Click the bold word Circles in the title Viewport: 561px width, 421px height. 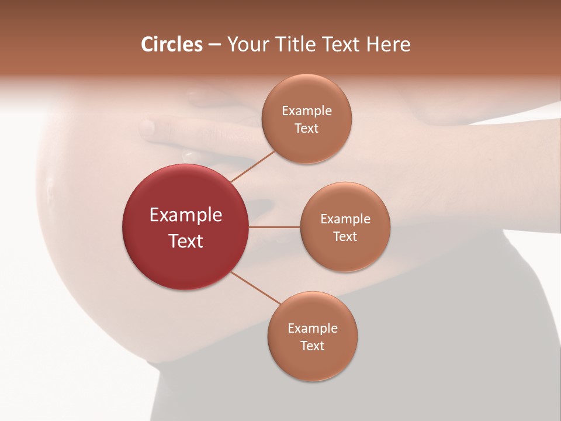[x=172, y=44]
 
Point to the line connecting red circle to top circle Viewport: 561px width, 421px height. [x=252, y=166]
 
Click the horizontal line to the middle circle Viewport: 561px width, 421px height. [x=275, y=227]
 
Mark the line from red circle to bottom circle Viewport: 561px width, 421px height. [x=255, y=288]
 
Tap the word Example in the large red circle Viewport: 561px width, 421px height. [x=186, y=215]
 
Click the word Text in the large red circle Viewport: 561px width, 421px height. [x=186, y=241]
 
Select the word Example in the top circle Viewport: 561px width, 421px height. [x=307, y=111]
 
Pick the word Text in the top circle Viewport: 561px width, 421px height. [x=307, y=129]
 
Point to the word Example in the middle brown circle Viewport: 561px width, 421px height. [x=345, y=219]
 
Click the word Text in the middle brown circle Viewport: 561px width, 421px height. [x=345, y=237]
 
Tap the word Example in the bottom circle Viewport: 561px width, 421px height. [x=313, y=329]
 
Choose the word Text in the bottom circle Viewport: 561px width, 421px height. [x=313, y=346]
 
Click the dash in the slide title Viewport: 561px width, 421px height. [x=214, y=45]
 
